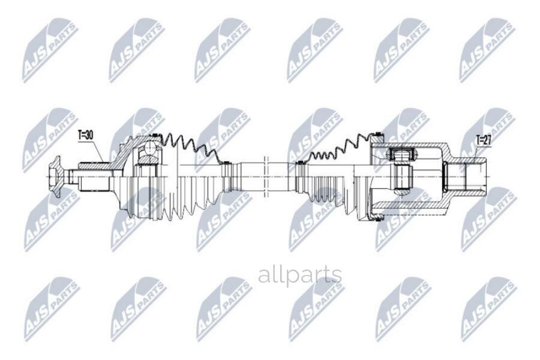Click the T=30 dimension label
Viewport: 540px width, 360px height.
85,136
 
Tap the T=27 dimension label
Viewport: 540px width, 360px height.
484,140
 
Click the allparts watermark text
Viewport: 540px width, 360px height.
299,275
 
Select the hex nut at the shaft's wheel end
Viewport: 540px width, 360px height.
55,176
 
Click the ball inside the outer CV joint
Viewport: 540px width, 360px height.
150,149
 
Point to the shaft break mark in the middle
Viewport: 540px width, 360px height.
266,176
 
